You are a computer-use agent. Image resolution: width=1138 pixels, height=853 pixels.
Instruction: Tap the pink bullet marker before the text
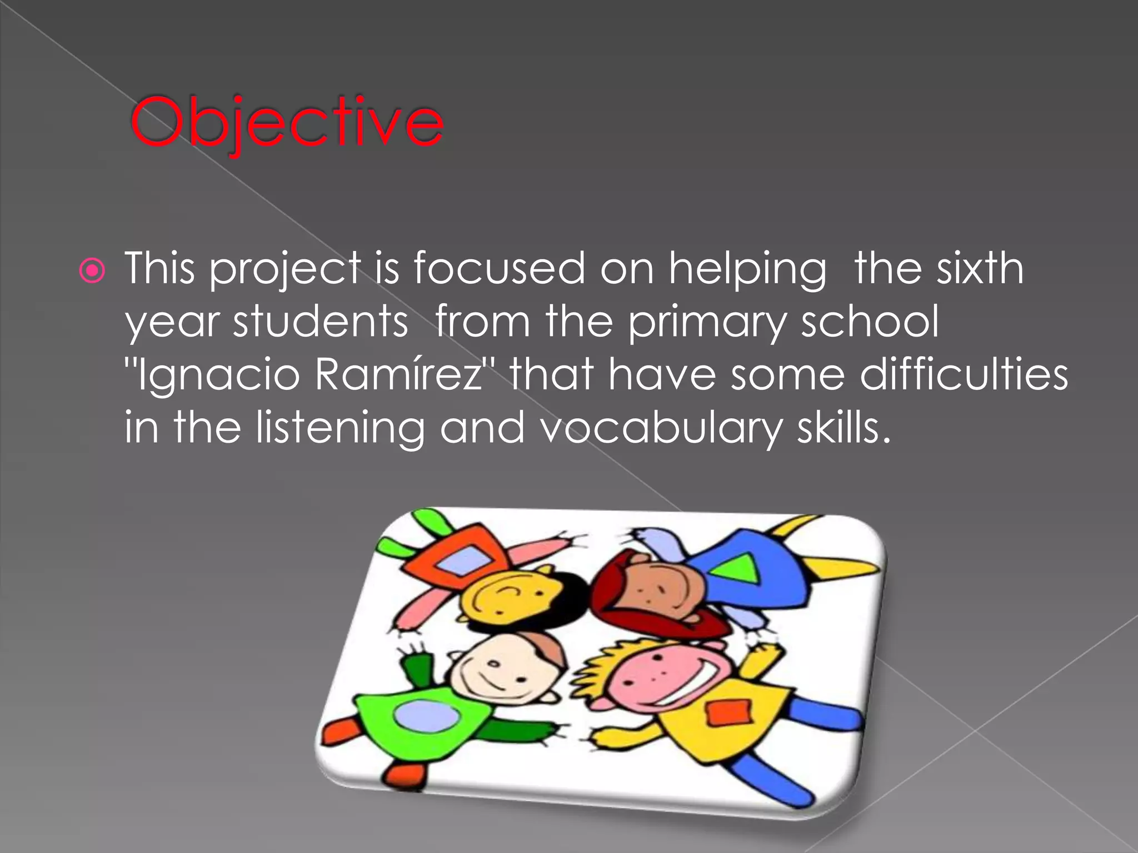coord(92,271)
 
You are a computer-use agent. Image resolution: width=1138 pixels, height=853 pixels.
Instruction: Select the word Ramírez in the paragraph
coord(399,374)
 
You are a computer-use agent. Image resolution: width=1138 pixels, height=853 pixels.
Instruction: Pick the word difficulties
coord(964,374)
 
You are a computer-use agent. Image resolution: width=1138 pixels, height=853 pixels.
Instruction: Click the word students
coord(321,322)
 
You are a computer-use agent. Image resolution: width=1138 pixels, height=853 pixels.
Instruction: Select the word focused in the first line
coord(498,268)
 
